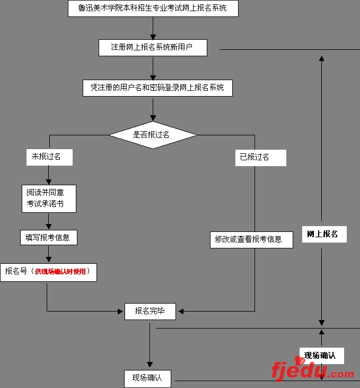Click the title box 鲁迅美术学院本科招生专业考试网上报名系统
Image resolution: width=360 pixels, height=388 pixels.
153,8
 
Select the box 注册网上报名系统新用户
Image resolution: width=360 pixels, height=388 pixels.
152,47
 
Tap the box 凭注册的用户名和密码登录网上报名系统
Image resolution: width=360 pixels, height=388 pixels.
157,88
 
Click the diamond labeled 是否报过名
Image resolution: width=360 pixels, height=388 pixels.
153,135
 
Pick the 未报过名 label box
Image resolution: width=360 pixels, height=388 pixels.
49,157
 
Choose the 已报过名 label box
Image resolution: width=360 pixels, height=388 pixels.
260,157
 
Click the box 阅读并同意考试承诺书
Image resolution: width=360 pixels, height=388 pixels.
49,199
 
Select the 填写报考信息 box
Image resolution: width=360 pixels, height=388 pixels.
48,237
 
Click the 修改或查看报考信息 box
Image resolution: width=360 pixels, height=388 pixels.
251,239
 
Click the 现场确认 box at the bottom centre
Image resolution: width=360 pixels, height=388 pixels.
147,378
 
